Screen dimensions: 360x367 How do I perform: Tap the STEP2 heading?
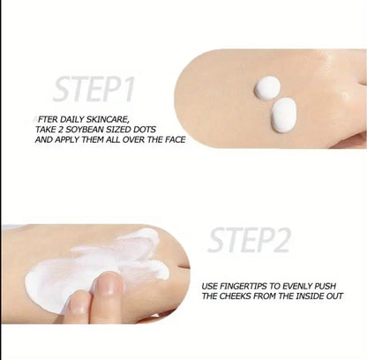(x=251, y=238)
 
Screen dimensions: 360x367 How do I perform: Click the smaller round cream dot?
(x=268, y=87)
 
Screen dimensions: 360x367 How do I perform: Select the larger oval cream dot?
(x=284, y=114)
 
